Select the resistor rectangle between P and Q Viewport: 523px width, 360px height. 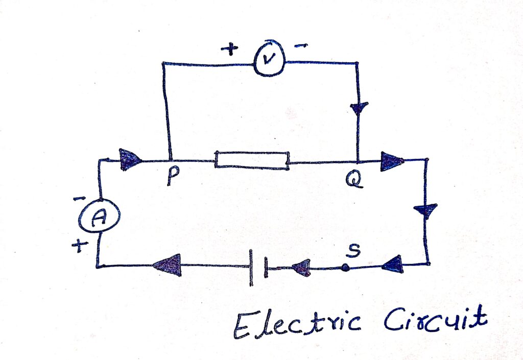[x=252, y=159]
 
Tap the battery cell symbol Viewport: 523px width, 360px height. [x=258, y=267]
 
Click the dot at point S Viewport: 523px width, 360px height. [x=346, y=267]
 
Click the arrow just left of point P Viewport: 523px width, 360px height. [x=131, y=159]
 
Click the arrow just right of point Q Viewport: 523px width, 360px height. [x=392, y=161]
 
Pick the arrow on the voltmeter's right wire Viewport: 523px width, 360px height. [x=359, y=109]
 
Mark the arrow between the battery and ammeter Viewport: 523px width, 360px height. [x=168, y=266]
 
